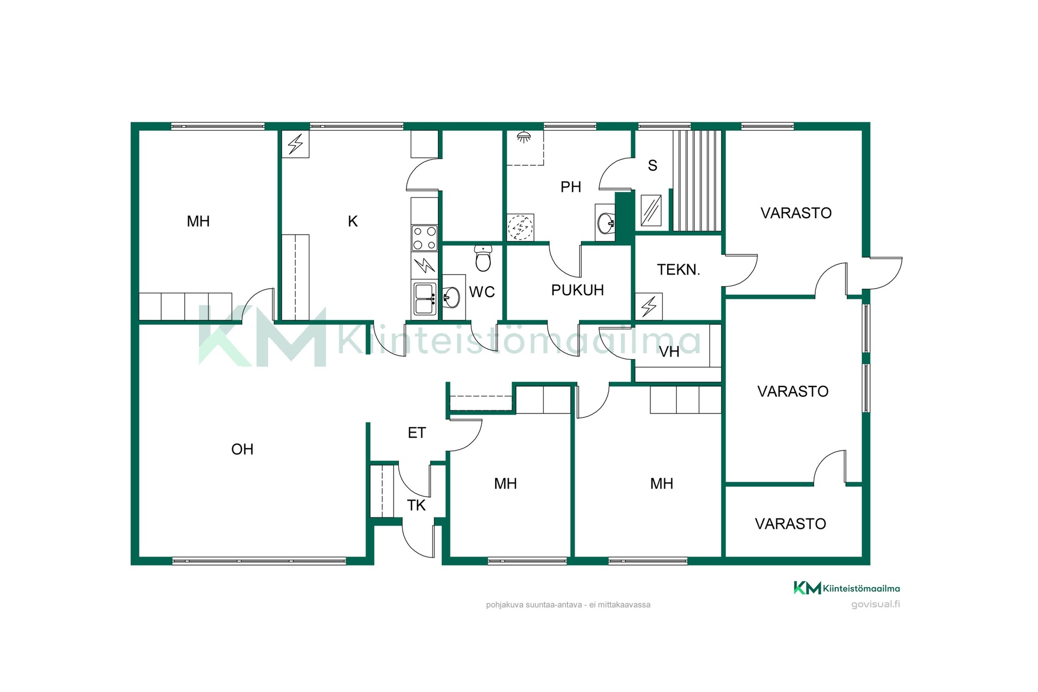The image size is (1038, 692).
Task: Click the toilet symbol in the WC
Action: [483, 258]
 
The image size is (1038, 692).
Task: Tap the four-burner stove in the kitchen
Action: [424, 238]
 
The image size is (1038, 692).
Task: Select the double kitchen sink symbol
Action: [424, 299]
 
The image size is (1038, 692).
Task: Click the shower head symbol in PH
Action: [523, 137]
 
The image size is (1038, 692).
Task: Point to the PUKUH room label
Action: [577, 290]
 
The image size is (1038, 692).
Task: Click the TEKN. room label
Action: [678, 270]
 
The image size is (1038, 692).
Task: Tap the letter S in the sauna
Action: [653, 165]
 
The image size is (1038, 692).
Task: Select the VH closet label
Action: [669, 352]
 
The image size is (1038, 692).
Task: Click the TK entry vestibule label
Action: [416, 505]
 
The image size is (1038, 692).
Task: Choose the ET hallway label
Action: [417, 432]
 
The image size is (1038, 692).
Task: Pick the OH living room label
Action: [242, 449]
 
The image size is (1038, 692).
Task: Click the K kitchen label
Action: [352, 221]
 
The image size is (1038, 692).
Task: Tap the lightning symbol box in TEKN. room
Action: [649, 307]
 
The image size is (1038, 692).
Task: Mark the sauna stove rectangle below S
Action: [651, 210]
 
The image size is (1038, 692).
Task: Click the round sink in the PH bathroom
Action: [606, 223]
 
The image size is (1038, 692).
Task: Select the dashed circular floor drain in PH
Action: [520, 227]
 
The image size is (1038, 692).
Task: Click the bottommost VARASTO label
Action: [790, 524]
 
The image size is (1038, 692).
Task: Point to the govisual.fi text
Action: [875, 604]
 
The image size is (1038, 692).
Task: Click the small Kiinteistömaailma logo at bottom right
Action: [847, 588]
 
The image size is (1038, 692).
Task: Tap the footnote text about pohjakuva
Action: [568, 605]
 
